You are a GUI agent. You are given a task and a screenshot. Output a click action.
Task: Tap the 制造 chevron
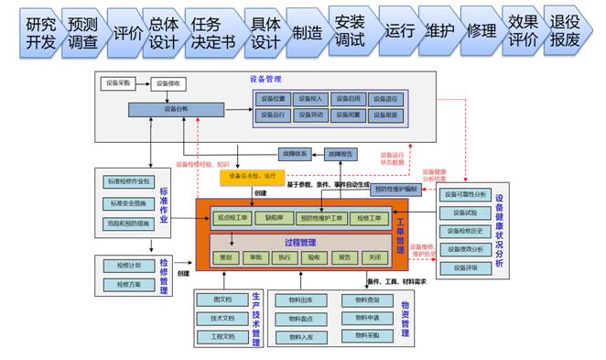[x=308, y=31]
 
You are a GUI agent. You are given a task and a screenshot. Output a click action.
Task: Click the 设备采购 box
[x=119, y=84]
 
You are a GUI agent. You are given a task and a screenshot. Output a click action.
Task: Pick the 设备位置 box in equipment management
[x=273, y=98]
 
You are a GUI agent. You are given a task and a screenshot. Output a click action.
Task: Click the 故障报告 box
[x=341, y=154]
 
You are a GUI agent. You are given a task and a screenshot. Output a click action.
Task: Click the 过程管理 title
[x=300, y=242]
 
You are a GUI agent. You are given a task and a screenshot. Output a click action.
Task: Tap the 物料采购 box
[x=362, y=336]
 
